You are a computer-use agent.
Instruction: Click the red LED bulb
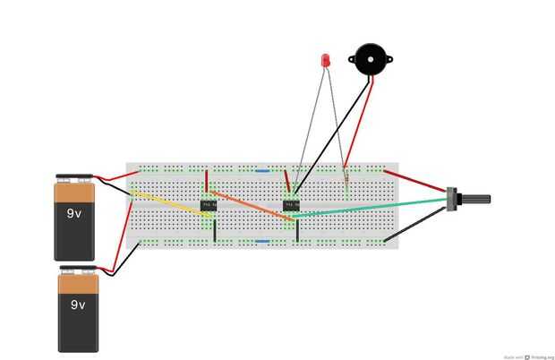pos(325,61)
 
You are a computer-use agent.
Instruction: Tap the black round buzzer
pos(370,60)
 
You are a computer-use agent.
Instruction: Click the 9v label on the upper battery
pos(75,214)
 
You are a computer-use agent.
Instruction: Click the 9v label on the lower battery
pos(78,304)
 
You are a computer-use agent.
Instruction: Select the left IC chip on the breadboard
pos(209,205)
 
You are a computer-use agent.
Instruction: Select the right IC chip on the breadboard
pos(291,205)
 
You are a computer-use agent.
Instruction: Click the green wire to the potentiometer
pos(376,208)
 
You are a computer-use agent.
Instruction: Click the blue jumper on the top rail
pos(262,169)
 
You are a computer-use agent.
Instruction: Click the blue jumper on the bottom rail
pos(262,241)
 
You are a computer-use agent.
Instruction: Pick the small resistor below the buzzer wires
pos(346,184)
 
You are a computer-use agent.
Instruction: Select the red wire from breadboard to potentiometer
pos(416,179)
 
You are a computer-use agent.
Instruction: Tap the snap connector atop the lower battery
pos(78,269)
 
